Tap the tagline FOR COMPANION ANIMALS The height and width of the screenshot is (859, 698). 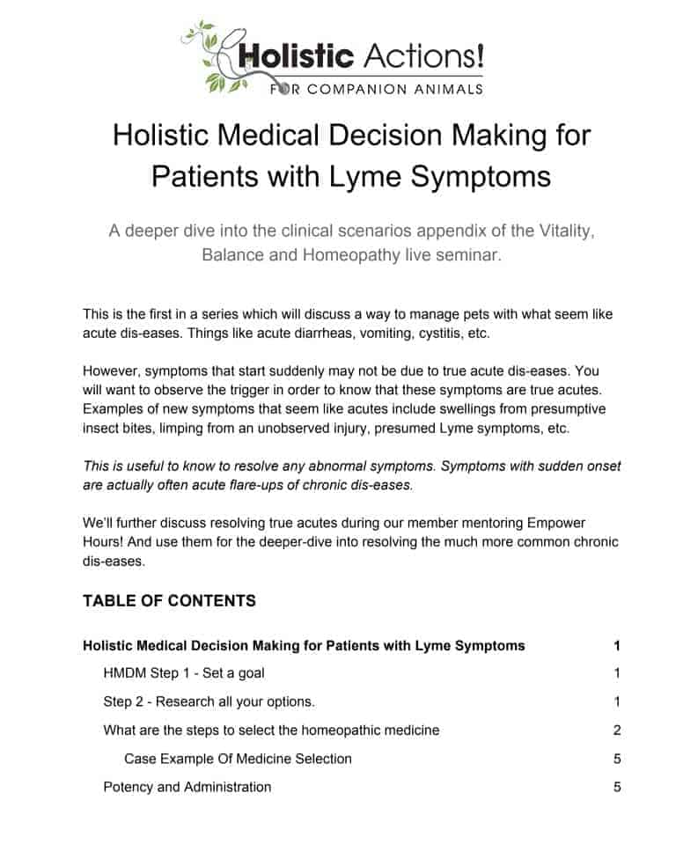(363, 88)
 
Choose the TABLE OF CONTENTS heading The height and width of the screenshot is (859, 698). (169, 601)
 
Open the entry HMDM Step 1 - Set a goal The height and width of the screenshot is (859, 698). (184, 673)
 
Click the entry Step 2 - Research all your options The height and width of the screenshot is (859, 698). (209, 701)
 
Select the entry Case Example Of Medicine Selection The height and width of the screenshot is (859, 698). (238, 759)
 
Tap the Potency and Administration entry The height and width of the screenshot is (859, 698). (187, 787)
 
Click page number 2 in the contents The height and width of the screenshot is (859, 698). (617, 730)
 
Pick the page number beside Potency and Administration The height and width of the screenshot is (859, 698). (617, 787)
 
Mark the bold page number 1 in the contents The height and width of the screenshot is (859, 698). (617, 645)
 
